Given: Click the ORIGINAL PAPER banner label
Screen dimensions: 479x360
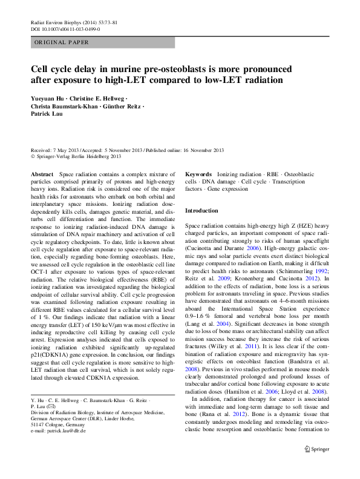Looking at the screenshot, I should [x=62, y=42].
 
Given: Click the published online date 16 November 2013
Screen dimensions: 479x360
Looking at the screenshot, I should [x=200, y=150].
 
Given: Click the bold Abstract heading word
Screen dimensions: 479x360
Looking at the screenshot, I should [x=42, y=174].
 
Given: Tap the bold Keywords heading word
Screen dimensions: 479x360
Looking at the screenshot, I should [x=198, y=174].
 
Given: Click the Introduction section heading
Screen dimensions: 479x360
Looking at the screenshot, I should [x=201, y=210].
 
